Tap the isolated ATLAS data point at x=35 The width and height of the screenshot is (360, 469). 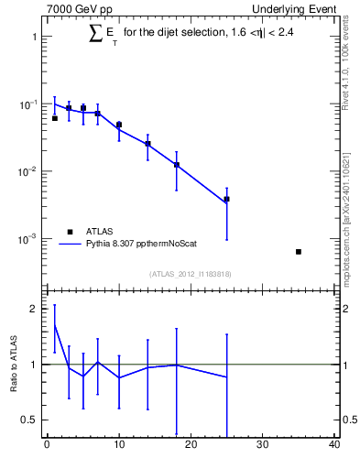(x=299, y=251)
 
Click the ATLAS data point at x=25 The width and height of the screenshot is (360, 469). (x=226, y=199)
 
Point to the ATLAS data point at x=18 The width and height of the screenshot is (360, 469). (x=176, y=165)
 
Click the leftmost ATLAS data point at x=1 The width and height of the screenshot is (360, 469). (x=54, y=118)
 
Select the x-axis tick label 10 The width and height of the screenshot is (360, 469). (x=118, y=446)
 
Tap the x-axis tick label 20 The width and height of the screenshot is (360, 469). (x=191, y=446)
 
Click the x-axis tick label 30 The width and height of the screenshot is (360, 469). (x=263, y=446)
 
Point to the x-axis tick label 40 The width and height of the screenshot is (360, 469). (x=334, y=446)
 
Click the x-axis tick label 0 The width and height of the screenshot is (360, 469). (x=47, y=446)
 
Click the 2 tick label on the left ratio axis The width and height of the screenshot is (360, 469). (x=35, y=309)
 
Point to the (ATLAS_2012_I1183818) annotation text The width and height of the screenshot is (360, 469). (x=191, y=273)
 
